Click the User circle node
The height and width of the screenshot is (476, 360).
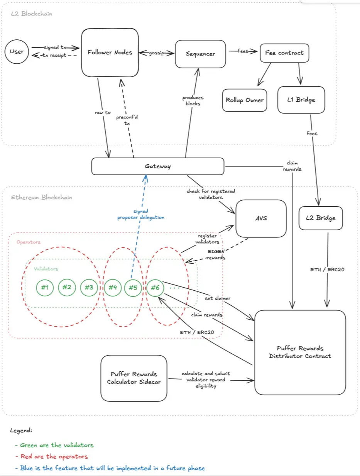[x=17, y=52]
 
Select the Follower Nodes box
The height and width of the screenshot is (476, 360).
[x=110, y=52]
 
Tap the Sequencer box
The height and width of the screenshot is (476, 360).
[x=200, y=54]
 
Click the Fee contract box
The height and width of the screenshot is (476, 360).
[x=284, y=53]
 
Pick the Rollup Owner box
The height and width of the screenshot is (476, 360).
[x=245, y=100]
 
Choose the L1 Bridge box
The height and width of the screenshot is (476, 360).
[x=301, y=100]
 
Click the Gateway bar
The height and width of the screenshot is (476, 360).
[x=157, y=166]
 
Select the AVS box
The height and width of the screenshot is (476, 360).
[x=261, y=219]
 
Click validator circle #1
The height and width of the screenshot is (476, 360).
[x=45, y=287]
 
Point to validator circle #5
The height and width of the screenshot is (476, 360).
[x=133, y=287]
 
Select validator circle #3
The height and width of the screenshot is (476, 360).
[x=89, y=287]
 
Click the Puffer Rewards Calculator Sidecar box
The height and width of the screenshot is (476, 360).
[x=134, y=378]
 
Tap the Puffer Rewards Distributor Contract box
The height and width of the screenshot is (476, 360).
[x=300, y=352]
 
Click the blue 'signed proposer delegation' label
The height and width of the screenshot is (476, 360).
[x=141, y=214]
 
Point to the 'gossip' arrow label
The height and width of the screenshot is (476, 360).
[x=157, y=53]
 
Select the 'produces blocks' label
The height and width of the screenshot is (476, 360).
[x=193, y=101]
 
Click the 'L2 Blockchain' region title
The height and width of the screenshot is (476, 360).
[x=31, y=14]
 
